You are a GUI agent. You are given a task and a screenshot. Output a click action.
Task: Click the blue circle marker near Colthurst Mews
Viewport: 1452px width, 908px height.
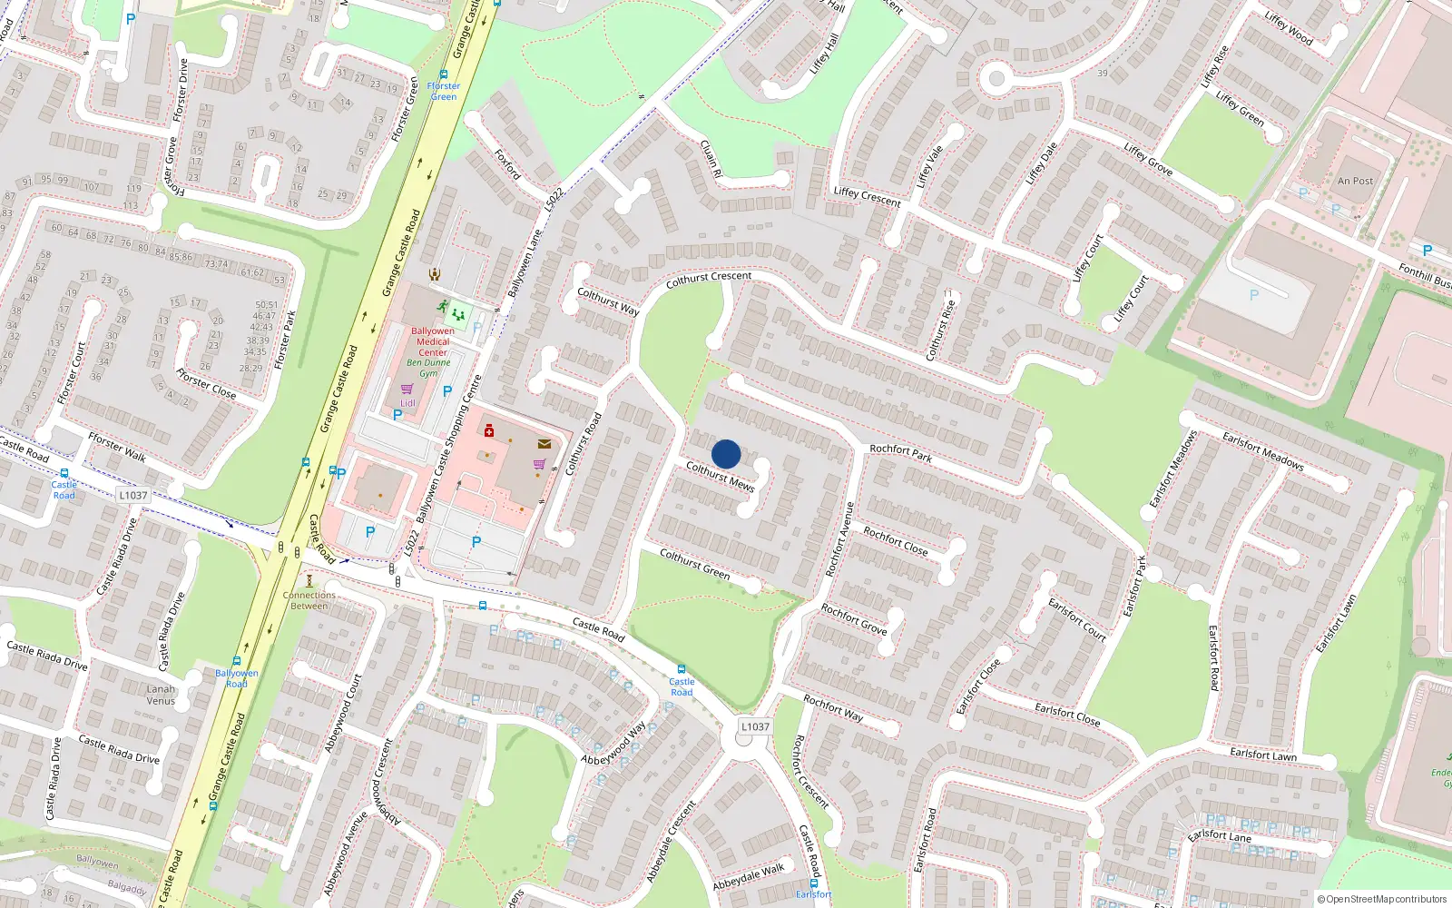click(726, 454)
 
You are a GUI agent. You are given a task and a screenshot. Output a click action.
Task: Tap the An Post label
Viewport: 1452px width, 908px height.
click(1355, 181)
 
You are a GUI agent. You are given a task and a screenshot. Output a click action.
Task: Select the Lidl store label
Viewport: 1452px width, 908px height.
click(407, 403)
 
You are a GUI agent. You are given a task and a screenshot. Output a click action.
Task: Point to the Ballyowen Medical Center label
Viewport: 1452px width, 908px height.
click(433, 341)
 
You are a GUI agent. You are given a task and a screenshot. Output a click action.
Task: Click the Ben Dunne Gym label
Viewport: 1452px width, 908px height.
click(428, 368)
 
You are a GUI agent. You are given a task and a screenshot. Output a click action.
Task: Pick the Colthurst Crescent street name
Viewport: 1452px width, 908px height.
click(709, 280)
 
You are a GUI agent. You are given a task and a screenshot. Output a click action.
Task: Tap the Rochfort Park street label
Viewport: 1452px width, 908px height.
click(900, 453)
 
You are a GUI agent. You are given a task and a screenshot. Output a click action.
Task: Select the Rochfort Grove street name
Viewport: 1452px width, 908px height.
click(854, 619)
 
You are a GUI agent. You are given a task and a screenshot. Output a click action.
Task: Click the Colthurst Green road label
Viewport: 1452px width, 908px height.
click(694, 564)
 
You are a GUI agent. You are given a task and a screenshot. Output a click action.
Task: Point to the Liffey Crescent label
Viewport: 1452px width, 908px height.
click(867, 196)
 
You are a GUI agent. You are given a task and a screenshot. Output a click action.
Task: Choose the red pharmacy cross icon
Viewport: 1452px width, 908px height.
click(489, 430)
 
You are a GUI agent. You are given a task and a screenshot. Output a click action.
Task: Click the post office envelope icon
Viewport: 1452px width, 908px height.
click(544, 444)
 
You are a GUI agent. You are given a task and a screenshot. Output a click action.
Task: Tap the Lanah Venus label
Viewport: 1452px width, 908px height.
click(161, 695)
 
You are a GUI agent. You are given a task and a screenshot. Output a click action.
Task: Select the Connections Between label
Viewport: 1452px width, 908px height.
click(309, 600)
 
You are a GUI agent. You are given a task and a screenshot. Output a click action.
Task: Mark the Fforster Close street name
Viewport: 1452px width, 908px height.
click(206, 384)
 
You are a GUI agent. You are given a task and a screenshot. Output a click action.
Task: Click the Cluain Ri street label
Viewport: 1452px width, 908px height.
click(711, 158)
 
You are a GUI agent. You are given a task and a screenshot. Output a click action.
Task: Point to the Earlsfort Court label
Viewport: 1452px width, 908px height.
click(1077, 619)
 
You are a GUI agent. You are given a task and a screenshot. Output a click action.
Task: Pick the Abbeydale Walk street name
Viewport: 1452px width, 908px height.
click(748, 877)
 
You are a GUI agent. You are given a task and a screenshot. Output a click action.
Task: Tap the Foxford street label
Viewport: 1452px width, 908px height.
click(507, 164)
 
